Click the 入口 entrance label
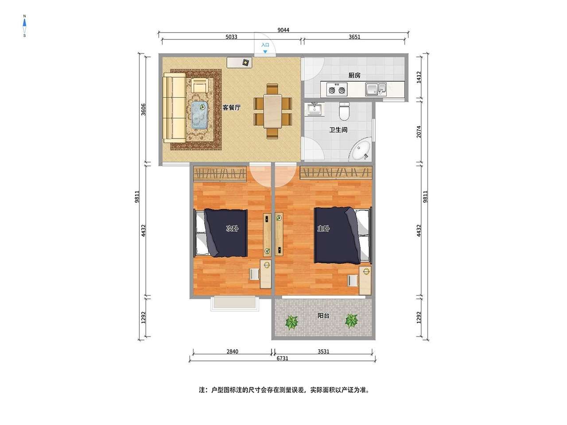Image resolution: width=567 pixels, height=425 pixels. point(265,45)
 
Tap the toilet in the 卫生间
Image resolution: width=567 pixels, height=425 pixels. point(344,112)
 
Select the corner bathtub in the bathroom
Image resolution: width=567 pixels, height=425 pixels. point(360,150)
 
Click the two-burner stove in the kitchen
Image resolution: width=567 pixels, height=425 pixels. point(337,89)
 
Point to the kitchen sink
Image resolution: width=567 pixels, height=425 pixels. point(376,89)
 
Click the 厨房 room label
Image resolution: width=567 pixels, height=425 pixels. point(354,75)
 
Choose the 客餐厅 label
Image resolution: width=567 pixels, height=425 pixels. point(231,108)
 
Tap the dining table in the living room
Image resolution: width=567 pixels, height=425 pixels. point(272,111)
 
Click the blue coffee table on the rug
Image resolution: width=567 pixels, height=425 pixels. point(199,115)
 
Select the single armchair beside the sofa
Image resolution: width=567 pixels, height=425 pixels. point(199,85)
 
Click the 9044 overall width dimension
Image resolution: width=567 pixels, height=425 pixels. point(283,30)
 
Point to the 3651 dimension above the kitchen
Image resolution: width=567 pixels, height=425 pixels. point(354,37)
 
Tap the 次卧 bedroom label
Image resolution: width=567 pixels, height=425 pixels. point(232,228)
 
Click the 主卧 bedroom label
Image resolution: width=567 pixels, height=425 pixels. point(323,228)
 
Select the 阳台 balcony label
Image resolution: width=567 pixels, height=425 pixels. point(323,316)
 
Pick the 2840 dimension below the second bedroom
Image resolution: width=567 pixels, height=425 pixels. point(232,352)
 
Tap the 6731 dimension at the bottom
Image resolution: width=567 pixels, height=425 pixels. point(282,358)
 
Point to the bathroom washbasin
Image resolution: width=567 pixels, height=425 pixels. point(314,109)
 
